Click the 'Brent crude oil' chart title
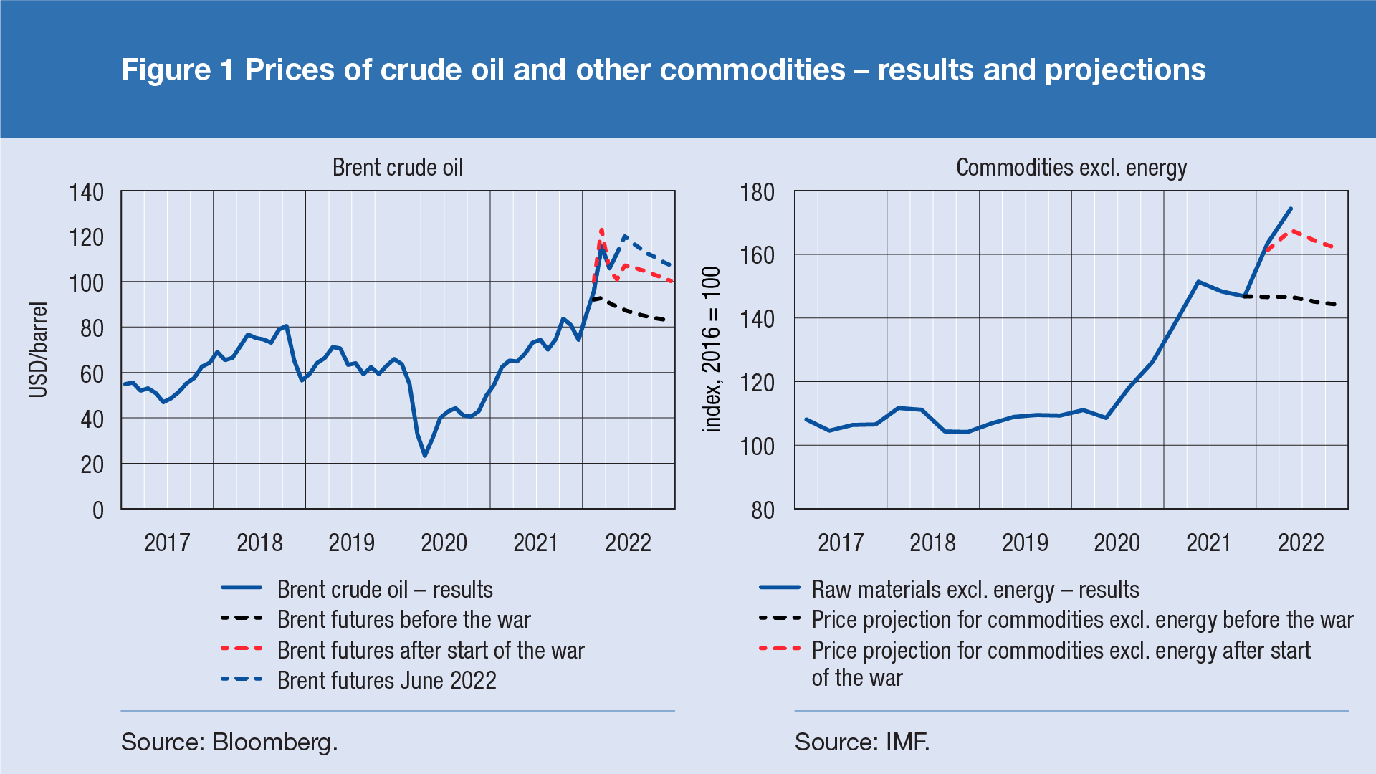[398, 168]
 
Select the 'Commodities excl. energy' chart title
[1071, 168]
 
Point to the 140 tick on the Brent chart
[86, 192]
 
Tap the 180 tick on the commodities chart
[758, 192]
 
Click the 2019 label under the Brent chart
[351, 543]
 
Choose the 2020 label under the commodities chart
[1117, 543]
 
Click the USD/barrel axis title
[38, 350]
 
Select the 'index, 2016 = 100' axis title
[711, 350]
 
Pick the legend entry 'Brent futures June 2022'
[386, 680]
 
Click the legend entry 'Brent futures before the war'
[403, 619]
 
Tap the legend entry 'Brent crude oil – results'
[385, 589]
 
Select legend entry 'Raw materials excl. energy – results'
[975, 589]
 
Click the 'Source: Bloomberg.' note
[229, 742]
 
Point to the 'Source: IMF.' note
[862, 742]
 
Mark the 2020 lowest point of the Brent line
[425, 456]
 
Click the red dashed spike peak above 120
[601, 230]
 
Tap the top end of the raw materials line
[1291, 209]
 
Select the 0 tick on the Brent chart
[98, 510]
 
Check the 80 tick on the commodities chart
[763, 510]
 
